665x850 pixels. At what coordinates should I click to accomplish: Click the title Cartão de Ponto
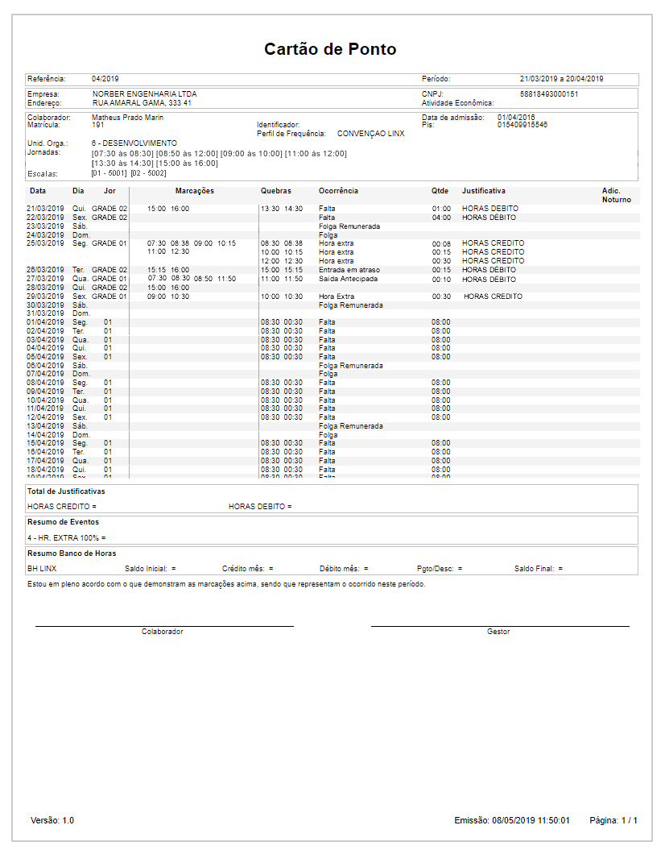330,49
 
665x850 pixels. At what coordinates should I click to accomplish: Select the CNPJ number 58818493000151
549,94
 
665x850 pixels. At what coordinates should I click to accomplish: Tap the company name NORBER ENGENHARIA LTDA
144,94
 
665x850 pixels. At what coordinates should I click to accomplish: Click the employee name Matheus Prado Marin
128,118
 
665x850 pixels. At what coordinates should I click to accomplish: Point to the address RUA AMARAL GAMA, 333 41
142,103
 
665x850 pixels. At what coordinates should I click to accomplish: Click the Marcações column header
195,191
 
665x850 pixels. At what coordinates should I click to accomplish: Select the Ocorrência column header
338,191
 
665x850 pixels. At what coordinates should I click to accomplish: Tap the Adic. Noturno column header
616,195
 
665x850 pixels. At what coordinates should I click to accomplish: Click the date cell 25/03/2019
46,243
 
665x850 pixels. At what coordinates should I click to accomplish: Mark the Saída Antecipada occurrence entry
348,279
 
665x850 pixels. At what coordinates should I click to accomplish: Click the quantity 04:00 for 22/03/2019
441,218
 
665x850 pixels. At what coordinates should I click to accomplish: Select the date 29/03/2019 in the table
46,296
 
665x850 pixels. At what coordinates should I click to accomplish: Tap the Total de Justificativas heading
66,491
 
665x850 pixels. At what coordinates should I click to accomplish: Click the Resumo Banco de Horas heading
72,554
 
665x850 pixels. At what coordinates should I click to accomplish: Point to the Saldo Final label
534,569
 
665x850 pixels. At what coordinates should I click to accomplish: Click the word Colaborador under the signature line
163,632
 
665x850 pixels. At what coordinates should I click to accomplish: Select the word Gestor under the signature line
498,632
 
